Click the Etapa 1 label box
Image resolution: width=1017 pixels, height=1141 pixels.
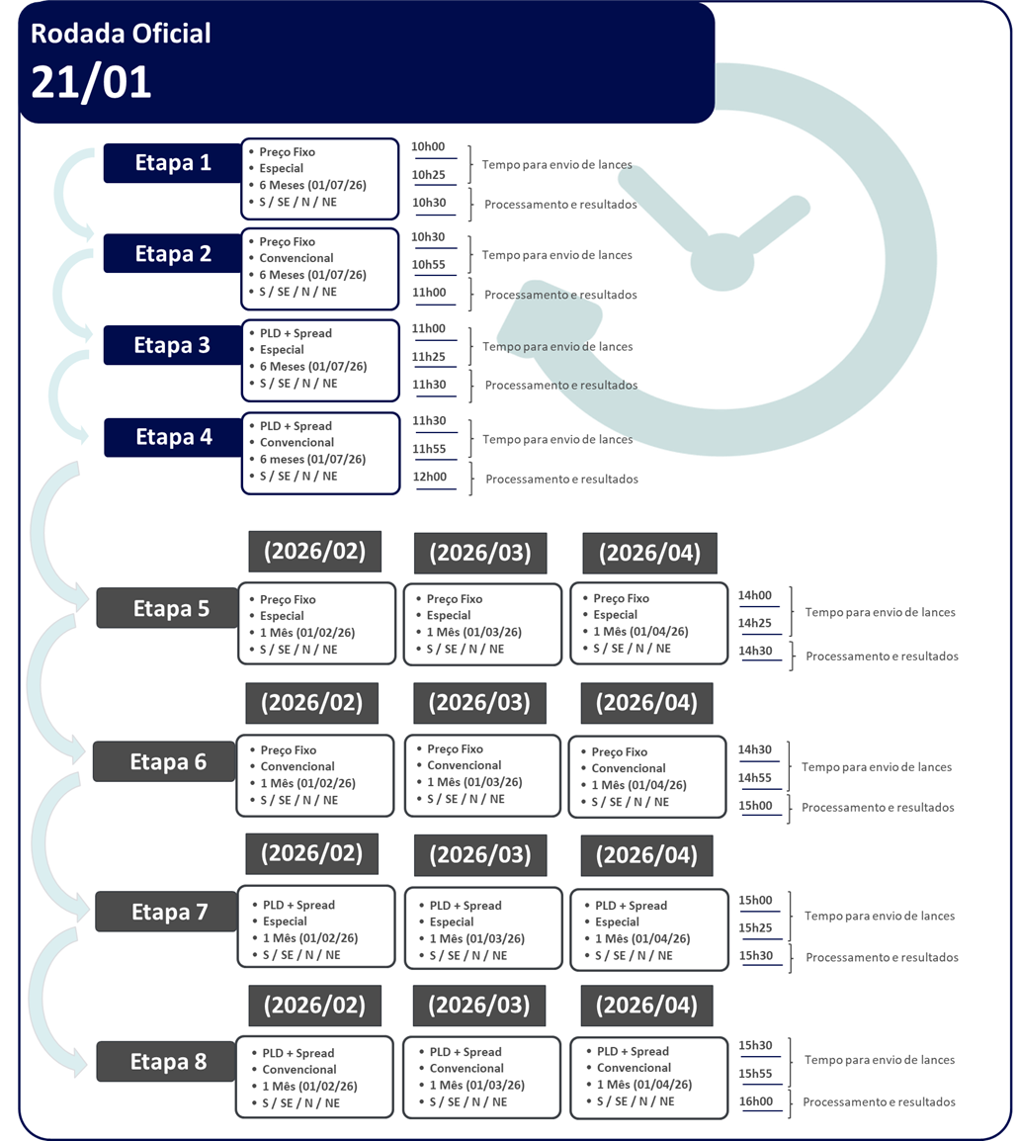172,163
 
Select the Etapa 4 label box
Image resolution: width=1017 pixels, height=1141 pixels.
173,437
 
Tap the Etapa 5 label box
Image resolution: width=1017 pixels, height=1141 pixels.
167,608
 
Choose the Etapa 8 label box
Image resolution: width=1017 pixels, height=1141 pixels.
166,1062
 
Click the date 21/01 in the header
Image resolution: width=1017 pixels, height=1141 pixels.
91,82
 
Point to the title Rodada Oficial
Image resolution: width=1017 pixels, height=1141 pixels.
121,34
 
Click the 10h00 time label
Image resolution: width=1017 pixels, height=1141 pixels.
428,147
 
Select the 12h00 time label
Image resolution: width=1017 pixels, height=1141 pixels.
430,477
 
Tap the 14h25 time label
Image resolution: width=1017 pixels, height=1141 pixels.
754,623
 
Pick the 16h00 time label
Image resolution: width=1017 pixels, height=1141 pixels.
756,1101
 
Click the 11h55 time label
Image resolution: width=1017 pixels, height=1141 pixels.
429,449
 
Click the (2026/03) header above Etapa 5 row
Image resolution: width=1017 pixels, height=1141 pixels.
480,553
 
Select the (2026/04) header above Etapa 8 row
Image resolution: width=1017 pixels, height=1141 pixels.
646,1006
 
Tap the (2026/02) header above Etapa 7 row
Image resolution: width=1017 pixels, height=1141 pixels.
312,853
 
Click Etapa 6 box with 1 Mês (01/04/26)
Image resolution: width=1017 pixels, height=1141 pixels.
647,776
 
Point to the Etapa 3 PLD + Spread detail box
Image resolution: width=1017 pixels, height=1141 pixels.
321,360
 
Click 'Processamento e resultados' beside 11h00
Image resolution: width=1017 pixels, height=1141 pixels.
560,295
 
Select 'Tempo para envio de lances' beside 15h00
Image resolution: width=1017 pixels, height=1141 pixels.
880,917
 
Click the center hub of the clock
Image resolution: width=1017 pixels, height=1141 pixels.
722,262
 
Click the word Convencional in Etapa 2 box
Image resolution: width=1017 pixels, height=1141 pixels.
297,258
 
